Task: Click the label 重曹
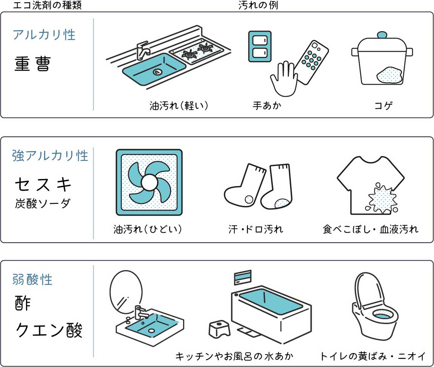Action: click(32, 64)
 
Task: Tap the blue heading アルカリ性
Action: click(44, 35)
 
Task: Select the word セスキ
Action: click(43, 185)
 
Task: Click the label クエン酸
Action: click(49, 330)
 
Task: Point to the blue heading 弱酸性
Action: click(32, 279)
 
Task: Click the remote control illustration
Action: click(311, 62)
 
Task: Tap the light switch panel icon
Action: click(260, 46)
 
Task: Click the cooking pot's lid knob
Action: click(382, 35)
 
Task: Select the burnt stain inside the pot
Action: click(389, 74)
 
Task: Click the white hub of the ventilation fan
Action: click(149, 182)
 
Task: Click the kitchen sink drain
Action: click(157, 72)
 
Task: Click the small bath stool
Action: click(219, 329)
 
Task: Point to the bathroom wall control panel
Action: click(243, 277)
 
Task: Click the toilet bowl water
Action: click(383, 315)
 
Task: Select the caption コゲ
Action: click(383, 105)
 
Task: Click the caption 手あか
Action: click(267, 105)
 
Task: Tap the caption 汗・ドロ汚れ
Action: click(256, 229)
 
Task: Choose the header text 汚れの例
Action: click(258, 5)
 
